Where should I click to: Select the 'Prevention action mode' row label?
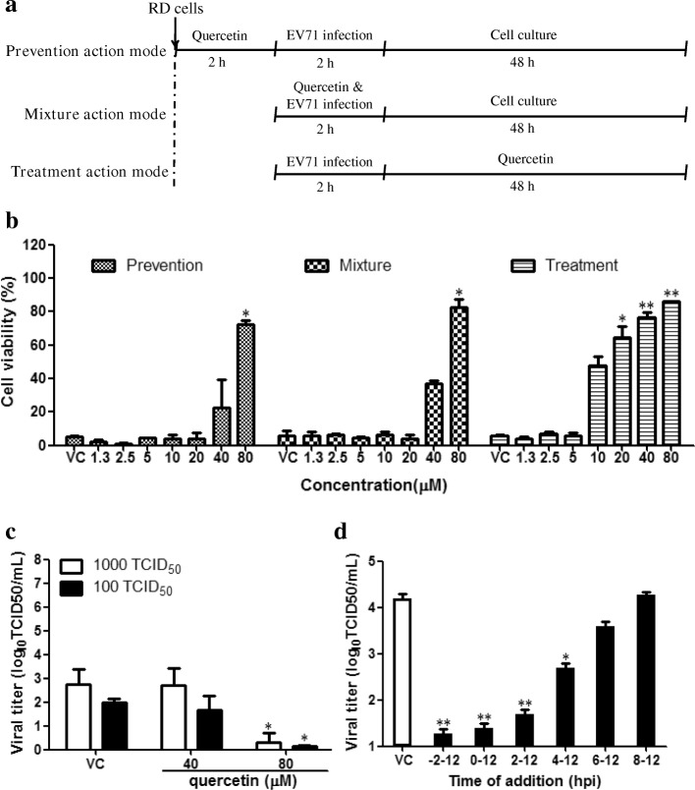pyautogui.click(x=84, y=50)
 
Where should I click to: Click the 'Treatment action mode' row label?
pyautogui.click(x=87, y=173)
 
